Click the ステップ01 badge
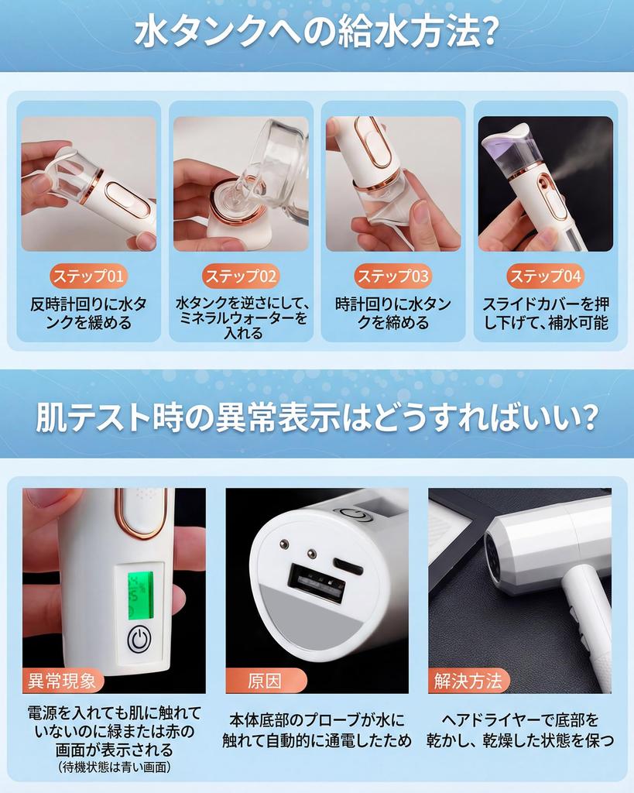coord(89,276)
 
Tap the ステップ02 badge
coord(241,276)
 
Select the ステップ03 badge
coord(392,276)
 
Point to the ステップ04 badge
coord(545,276)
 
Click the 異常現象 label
coord(61,681)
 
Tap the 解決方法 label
coord(468,681)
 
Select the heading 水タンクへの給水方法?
coord(316,35)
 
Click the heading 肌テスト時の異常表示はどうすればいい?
coord(316,419)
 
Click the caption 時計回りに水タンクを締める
coord(392,313)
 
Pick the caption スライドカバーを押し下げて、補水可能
coord(545,313)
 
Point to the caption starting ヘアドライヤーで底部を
coord(520,730)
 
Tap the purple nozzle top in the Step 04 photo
coord(512,139)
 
